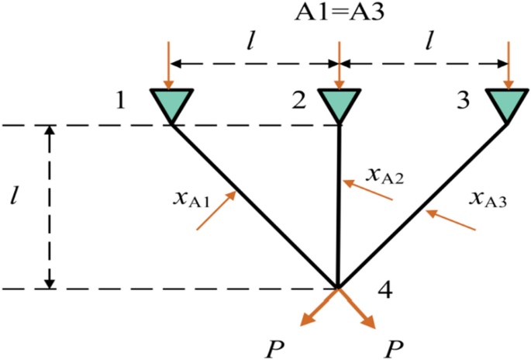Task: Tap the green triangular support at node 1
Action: point(171,102)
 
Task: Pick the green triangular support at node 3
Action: point(509,102)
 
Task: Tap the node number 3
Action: point(464,102)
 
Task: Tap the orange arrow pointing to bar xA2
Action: point(369,192)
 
